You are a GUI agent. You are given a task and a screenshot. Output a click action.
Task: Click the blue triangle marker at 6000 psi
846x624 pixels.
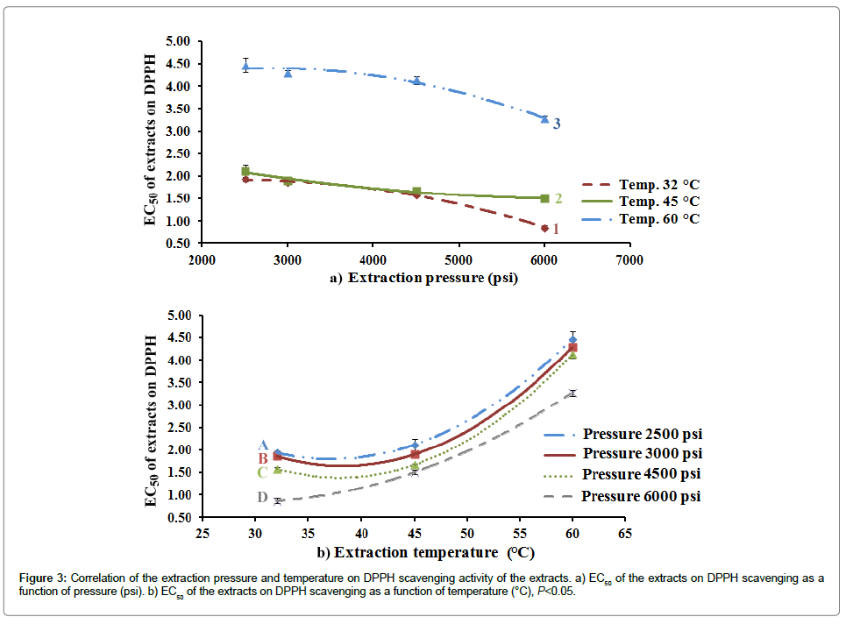pos(544,118)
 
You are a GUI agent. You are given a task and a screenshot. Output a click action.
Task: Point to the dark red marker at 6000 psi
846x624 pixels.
pos(544,229)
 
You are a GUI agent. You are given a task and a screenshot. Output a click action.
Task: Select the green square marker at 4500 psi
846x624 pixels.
pos(416,191)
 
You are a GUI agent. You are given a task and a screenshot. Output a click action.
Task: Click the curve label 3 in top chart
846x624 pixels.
pos(557,124)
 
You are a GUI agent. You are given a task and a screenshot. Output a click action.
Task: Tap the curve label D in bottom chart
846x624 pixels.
pos(262,498)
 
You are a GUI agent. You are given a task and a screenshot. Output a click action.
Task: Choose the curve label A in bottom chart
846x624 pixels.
pos(262,445)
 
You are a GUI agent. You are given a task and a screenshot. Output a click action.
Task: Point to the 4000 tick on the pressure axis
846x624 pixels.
pos(373,259)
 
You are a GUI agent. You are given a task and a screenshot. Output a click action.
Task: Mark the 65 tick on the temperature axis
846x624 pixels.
pos(625,533)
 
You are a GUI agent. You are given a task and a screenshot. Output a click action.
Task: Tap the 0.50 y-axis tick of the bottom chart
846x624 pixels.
pos(178,518)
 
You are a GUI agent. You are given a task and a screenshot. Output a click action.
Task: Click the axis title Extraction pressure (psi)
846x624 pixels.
pos(432,279)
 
